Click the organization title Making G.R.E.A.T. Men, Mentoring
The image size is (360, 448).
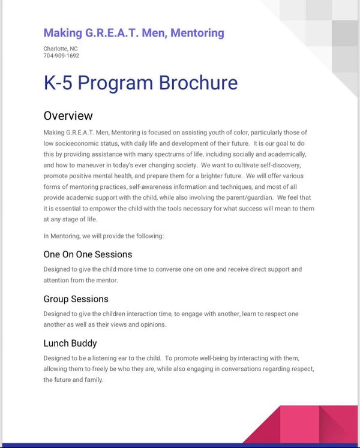pos(133,33)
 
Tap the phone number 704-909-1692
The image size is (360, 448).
pos(61,56)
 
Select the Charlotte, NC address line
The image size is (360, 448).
pos(61,49)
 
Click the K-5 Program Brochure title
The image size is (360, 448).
pos(140,83)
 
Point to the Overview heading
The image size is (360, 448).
pos(68,116)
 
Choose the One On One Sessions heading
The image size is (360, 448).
pos(88,254)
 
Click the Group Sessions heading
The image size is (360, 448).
pos(76,299)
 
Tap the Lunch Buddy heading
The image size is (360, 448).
pos(70,343)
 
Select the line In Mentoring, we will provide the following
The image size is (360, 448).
pos(103,236)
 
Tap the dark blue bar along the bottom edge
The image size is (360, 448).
pos(180,445)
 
